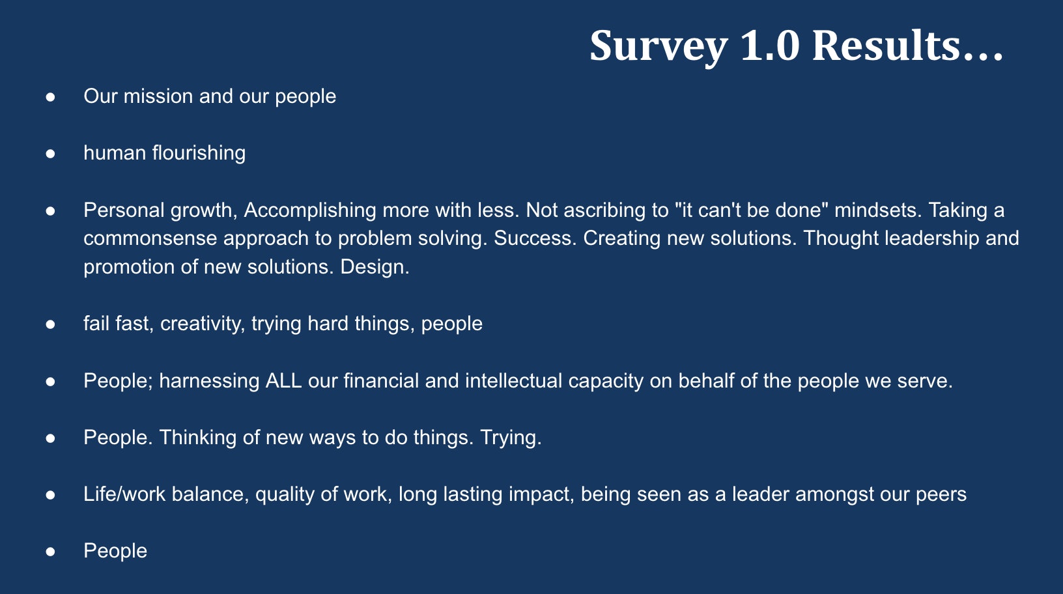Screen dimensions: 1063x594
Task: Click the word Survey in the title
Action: [659, 46]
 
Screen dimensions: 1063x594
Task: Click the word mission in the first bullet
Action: [158, 96]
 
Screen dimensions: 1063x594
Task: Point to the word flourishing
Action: [199, 153]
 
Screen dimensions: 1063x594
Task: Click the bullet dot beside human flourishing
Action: [50, 154]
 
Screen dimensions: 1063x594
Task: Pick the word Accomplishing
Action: [310, 210]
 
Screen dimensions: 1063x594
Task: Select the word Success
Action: [535, 238]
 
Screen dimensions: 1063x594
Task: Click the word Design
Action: [375, 266]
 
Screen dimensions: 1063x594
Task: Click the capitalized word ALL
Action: [283, 381]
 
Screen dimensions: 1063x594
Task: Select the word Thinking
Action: [198, 438]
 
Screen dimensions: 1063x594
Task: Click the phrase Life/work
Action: [124, 494]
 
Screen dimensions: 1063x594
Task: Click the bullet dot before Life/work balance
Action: [50, 495]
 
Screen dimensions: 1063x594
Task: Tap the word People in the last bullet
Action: [115, 551]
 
